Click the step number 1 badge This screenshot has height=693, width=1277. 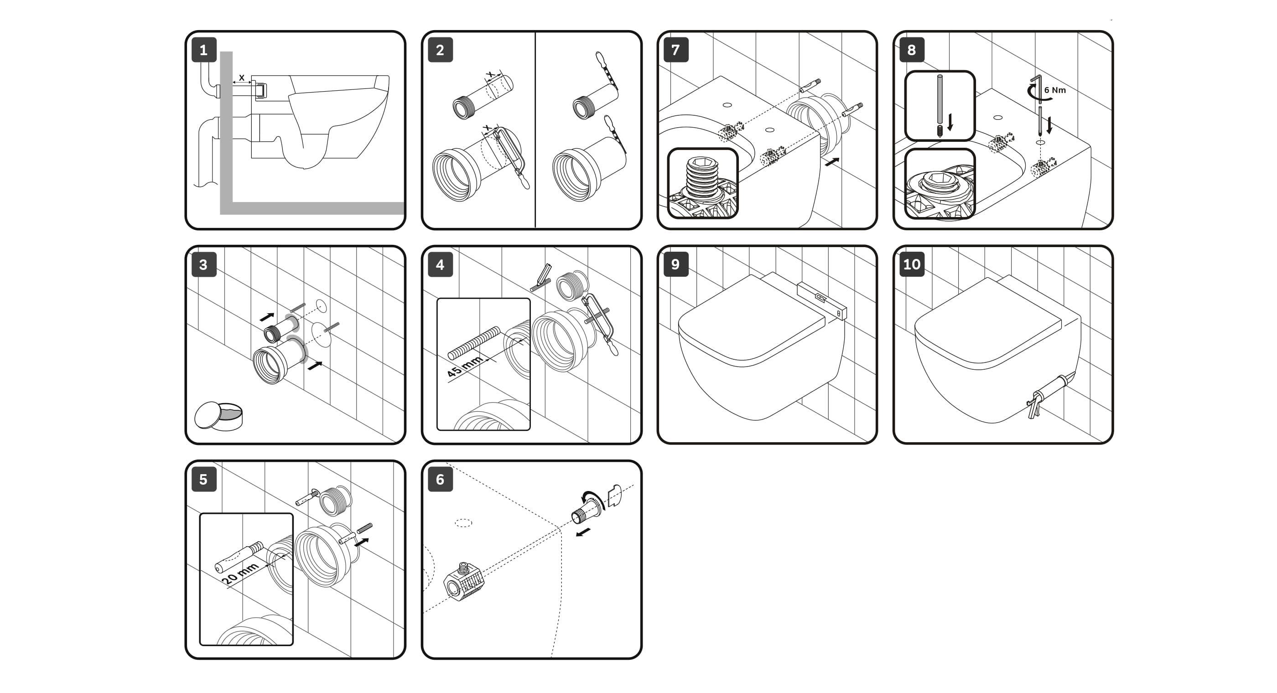[x=204, y=50]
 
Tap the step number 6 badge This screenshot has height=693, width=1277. [x=440, y=479]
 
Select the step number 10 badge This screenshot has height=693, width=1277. [x=912, y=264]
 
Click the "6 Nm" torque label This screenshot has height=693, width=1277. [x=1055, y=90]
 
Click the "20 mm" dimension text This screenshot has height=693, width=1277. [x=239, y=574]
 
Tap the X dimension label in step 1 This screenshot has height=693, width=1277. [x=241, y=78]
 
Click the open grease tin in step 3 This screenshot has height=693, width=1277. [x=218, y=415]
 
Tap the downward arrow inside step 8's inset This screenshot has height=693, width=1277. [x=950, y=122]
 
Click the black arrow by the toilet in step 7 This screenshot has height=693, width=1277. [x=832, y=162]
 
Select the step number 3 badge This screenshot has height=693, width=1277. [x=204, y=265]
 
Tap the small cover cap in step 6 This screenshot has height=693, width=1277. [x=614, y=495]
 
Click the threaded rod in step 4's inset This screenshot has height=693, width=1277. [x=474, y=342]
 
